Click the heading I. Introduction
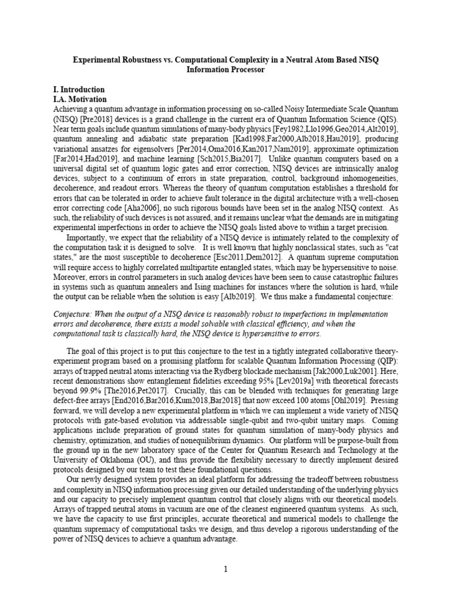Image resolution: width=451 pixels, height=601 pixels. tap(79, 90)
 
